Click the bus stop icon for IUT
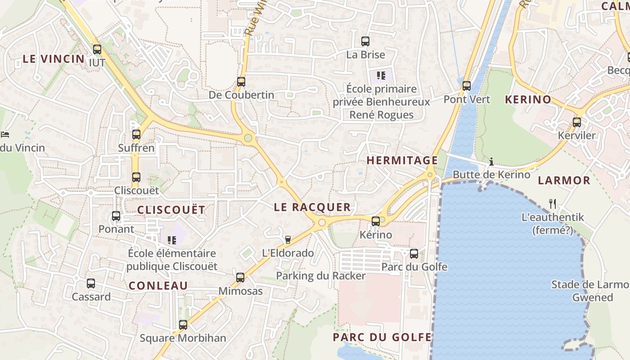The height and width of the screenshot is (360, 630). pyautogui.click(x=97, y=49)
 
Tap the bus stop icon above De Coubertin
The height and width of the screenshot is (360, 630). pyautogui.click(x=241, y=82)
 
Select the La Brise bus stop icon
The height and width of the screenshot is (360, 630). pyautogui.click(x=365, y=41)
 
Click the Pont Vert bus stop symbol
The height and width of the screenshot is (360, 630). pyautogui.click(x=467, y=85)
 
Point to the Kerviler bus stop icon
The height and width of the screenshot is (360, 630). pyautogui.click(x=577, y=122)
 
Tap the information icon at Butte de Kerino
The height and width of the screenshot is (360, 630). pyautogui.click(x=491, y=161)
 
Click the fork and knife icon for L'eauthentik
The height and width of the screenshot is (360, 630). pyautogui.click(x=553, y=204)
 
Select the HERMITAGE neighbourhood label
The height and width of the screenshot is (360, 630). pyautogui.click(x=402, y=160)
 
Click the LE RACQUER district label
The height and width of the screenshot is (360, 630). pyautogui.click(x=312, y=207)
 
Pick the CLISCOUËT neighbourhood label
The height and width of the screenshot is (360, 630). pyautogui.click(x=171, y=210)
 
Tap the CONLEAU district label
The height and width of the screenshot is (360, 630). pyautogui.click(x=158, y=285)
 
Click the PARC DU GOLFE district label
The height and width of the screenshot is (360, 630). pyautogui.click(x=382, y=337)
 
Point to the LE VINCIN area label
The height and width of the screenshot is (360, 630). pyautogui.click(x=54, y=58)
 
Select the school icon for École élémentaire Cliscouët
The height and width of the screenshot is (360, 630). pyautogui.click(x=171, y=240)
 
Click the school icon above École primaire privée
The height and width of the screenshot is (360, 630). pyautogui.click(x=381, y=76)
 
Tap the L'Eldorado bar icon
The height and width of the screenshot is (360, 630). pyautogui.click(x=288, y=239)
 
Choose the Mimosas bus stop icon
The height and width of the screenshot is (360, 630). pyautogui.click(x=240, y=277)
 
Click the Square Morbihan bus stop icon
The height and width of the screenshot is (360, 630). pyautogui.click(x=183, y=324)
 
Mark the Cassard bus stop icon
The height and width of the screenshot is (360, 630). pyautogui.click(x=91, y=283)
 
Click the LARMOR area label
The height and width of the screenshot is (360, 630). pyautogui.click(x=564, y=180)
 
